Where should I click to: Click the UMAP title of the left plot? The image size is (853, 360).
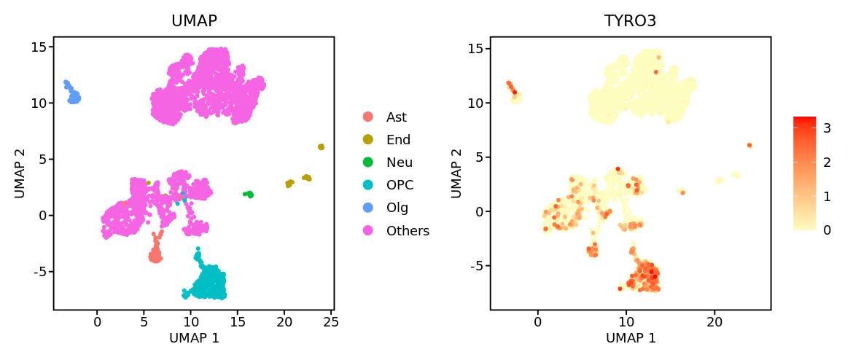(194, 21)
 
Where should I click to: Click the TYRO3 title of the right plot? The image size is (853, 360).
(630, 21)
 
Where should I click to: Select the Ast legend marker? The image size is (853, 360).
(368, 117)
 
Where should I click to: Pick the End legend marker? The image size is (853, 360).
(368, 140)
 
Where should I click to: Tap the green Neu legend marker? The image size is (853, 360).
(368, 163)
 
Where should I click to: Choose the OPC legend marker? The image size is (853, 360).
(368, 185)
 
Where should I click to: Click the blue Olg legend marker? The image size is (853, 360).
(368, 208)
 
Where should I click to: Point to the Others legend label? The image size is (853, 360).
(408, 231)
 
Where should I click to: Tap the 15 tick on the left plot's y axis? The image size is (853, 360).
(37, 47)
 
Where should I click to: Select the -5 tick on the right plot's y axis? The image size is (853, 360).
(474, 266)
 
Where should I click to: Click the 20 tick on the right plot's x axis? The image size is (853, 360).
(714, 321)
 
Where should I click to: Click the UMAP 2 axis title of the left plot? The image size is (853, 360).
(20, 173)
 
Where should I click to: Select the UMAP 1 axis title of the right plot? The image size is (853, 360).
(631, 338)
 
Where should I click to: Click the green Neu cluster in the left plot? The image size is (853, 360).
(249, 195)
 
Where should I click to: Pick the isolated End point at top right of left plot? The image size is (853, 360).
(321, 147)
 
